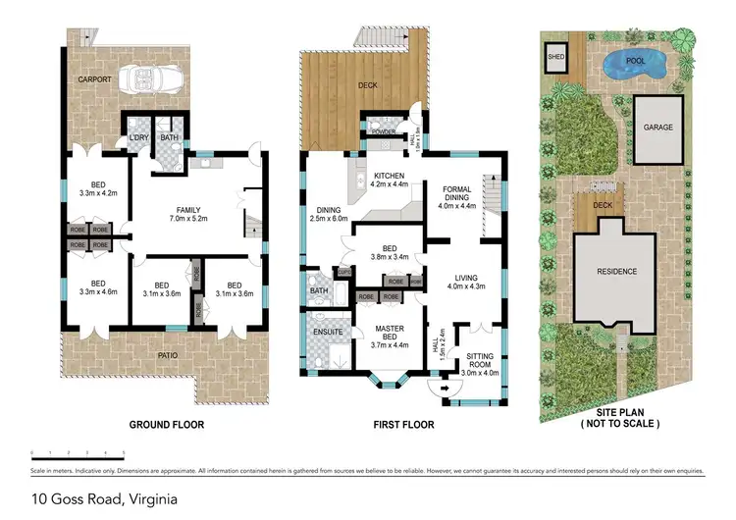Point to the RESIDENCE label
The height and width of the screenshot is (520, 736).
pyautogui.click(x=618, y=272)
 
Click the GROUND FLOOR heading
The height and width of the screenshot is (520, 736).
pyautogui.click(x=167, y=425)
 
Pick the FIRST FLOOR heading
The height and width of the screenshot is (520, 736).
pyautogui.click(x=403, y=425)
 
